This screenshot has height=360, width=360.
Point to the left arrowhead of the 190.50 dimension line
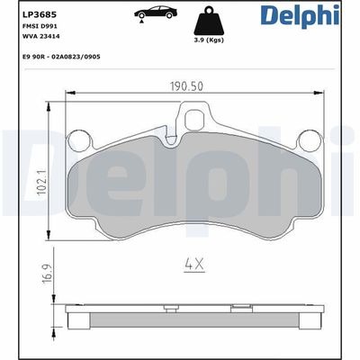(x=68, y=94)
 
